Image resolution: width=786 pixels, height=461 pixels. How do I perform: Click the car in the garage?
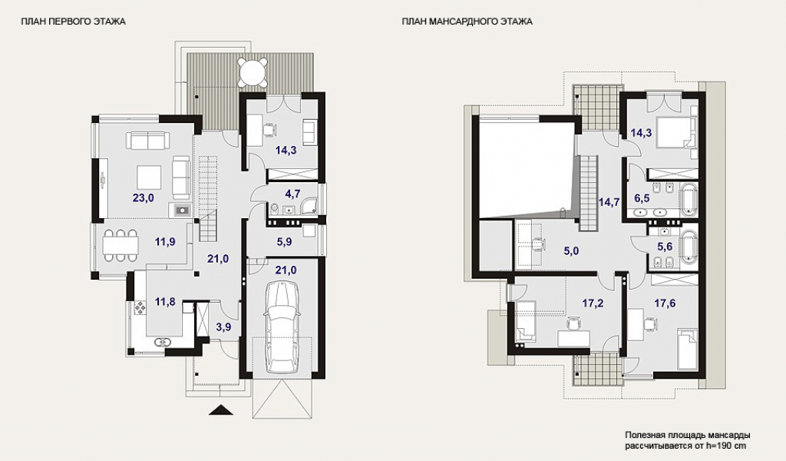point(283,327)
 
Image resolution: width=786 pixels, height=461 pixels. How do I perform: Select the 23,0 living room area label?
point(144,197)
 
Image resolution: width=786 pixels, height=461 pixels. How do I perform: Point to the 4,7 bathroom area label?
point(292,193)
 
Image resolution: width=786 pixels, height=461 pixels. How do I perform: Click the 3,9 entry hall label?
point(223,327)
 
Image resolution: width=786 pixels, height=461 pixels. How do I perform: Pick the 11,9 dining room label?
point(165,242)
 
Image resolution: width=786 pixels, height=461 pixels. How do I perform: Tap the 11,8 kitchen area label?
point(165,302)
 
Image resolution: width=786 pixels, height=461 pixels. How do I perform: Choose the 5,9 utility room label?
point(284,242)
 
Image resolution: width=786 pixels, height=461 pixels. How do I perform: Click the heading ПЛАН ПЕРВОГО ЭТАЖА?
point(73,22)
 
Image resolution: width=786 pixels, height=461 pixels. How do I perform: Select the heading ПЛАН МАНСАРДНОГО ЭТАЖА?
point(467,22)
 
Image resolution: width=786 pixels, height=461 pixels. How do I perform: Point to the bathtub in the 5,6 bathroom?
point(689,247)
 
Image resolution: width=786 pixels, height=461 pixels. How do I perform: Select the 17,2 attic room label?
point(593,303)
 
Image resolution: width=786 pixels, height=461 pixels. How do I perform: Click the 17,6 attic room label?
point(665,303)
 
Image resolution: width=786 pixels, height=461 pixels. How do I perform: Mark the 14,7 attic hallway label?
point(609,202)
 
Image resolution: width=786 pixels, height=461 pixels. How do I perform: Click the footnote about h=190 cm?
point(688,440)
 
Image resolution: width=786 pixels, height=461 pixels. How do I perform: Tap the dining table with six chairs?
point(121,245)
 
